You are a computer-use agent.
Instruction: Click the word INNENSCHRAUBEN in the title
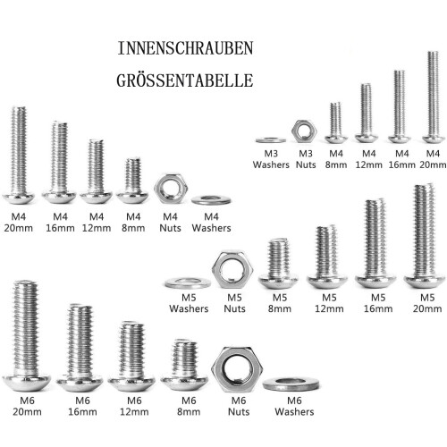point(185,48)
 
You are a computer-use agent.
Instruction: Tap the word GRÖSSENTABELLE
point(185,80)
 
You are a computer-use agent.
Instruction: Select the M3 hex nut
point(304,131)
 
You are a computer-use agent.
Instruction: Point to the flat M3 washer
point(271,139)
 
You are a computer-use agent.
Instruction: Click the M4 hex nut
point(171,189)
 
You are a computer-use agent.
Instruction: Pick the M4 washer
point(211,200)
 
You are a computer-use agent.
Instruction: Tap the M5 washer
point(188,283)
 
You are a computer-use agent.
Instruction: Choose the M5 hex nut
point(232,270)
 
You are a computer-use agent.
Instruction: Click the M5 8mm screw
point(278,263)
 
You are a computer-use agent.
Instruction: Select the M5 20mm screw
point(425,235)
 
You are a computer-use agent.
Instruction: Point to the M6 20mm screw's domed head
point(27,384)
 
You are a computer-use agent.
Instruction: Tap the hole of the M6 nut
point(237,369)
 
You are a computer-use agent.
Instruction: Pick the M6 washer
point(291,384)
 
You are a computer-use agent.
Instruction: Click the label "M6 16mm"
point(82,406)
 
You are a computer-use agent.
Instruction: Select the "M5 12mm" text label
point(329,303)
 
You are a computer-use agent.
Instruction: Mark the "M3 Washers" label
point(271,159)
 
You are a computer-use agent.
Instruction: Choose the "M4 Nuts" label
point(170,223)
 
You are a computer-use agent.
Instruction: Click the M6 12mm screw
point(131,356)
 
